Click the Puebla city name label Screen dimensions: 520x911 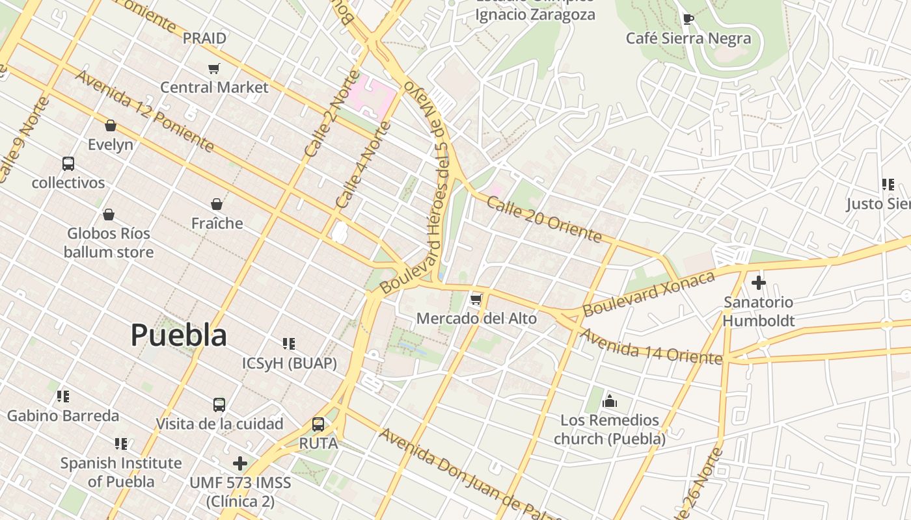tap(178, 335)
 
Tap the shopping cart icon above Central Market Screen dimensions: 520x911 tap(213, 68)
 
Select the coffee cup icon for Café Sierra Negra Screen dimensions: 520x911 tap(688, 19)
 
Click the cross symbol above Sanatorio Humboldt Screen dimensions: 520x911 tap(758, 283)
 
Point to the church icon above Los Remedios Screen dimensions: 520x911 tap(610, 400)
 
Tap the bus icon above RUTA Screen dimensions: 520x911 tap(318, 424)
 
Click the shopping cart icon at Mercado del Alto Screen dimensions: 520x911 tap(476, 300)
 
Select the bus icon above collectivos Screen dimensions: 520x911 tap(68, 164)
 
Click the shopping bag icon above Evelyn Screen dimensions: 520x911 tap(111, 125)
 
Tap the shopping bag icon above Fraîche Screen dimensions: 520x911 tap(217, 204)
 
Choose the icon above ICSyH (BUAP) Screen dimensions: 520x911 tap(289, 343)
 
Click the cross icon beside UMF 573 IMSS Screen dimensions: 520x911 tap(240, 463)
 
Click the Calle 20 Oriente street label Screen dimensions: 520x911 tap(543, 220)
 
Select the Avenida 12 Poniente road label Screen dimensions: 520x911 tap(144, 110)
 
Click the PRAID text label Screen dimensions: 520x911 tap(204, 38)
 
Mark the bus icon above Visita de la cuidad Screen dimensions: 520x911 tap(219, 405)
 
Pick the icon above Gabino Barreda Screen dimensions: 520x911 tap(63, 396)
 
